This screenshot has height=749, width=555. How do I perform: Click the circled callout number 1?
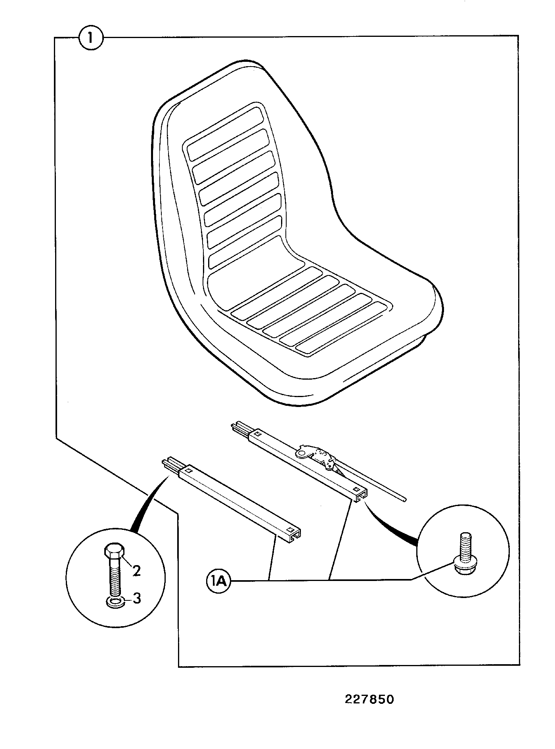tap(91, 38)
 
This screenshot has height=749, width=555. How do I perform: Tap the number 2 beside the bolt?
tap(136, 571)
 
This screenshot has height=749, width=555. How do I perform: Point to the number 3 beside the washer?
tap(137, 598)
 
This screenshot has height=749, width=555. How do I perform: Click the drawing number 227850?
tap(369, 699)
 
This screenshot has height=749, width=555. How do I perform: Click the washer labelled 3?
tap(115, 603)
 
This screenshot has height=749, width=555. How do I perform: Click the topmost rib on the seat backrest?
tap(225, 134)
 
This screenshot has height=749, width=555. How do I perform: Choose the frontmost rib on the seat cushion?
tap(343, 329)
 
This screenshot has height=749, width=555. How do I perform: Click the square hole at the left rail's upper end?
tap(189, 471)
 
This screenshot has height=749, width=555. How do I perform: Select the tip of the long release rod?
tap(404, 500)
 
